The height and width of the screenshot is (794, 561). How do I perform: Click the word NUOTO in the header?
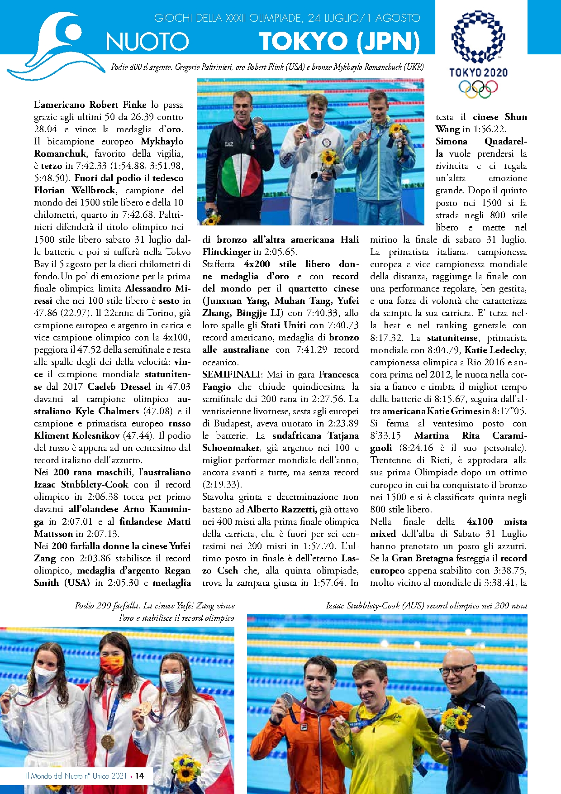(x=147, y=42)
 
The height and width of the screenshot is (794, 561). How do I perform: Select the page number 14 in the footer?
(x=140, y=775)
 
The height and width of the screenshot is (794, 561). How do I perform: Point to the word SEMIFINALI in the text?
(x=231, y=374)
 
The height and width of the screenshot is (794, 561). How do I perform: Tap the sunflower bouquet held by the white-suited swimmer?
(x=329, y=158)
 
